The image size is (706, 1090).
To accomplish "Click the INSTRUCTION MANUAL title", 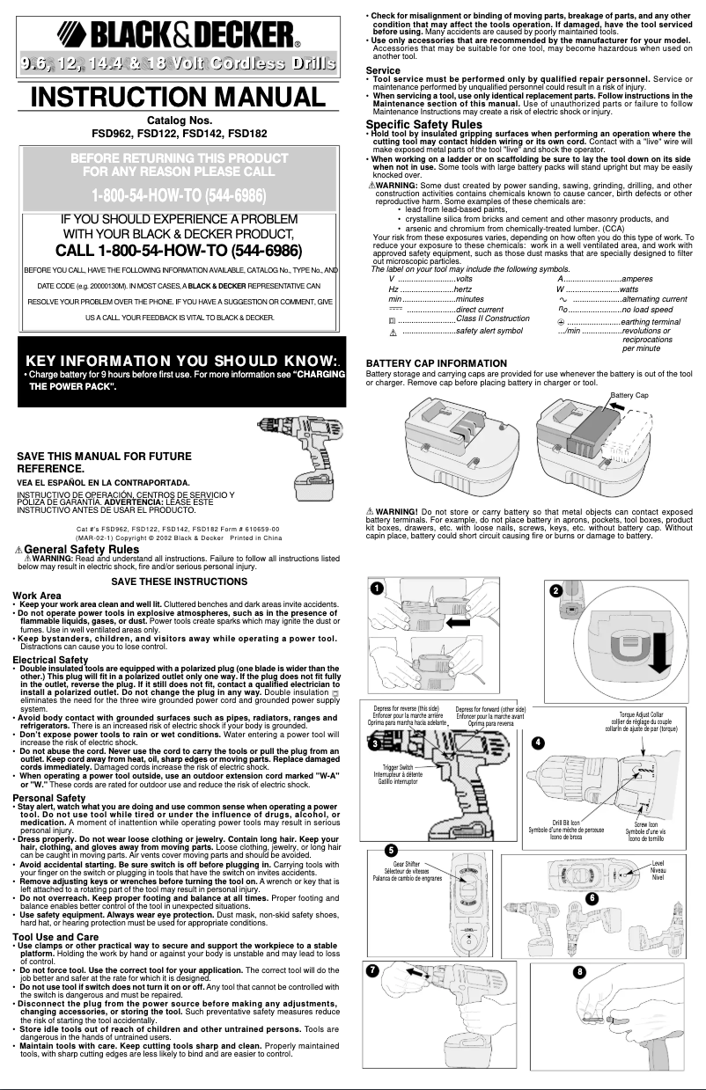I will coord(177,96).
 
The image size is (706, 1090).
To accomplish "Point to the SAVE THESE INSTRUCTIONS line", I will coord(179,582).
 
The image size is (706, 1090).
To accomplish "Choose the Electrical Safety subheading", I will coord(50,659).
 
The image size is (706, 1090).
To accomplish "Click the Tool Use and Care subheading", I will coord(55,937).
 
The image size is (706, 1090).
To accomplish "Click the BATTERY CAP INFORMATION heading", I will coord(436,363).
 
